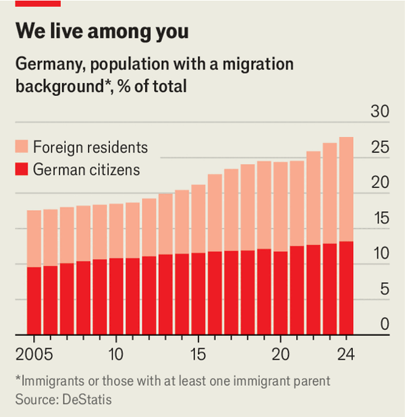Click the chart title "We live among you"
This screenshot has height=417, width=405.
[x=102, y=32]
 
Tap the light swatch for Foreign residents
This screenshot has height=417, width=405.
[x=22, y=147]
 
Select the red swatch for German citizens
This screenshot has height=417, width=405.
[x=22, y=169]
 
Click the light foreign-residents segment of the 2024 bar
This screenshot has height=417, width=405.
[x=346, y=189]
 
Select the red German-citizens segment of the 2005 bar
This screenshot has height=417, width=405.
[x=34, y=300]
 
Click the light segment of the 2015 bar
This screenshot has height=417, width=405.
[x=198, y=219]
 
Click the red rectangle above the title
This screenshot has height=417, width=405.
[x=37, y=3]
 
